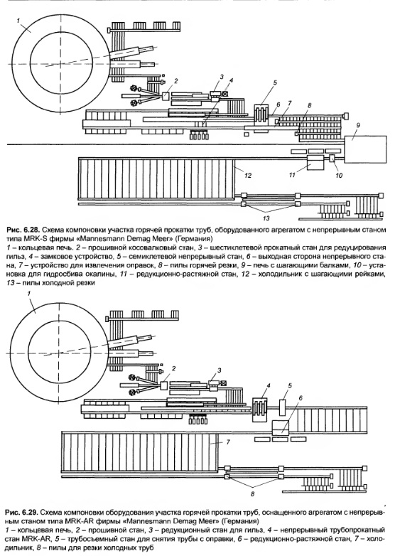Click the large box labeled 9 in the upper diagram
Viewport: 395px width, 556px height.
tap(366, 149)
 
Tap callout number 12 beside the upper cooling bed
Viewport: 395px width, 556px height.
tap(248, 175)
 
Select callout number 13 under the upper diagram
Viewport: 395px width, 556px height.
tap(266, 218)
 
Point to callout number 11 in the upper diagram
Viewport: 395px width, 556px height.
tap(292, 175)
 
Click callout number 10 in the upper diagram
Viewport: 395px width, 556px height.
tap(338, 175)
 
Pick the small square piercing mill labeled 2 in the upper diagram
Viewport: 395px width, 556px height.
tap(166, 96)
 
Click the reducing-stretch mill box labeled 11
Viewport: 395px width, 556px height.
tap(315, 162)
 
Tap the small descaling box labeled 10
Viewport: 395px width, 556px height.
tap(332, 159)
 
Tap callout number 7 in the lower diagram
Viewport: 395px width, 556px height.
tap(228, 442)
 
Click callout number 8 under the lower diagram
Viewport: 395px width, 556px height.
tap(253, 493)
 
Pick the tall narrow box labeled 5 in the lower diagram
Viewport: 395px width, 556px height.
tap(282, 407)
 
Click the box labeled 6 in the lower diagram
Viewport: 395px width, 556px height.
tap(281, 427)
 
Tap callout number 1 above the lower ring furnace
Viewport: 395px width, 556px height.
tap(29, 293)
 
